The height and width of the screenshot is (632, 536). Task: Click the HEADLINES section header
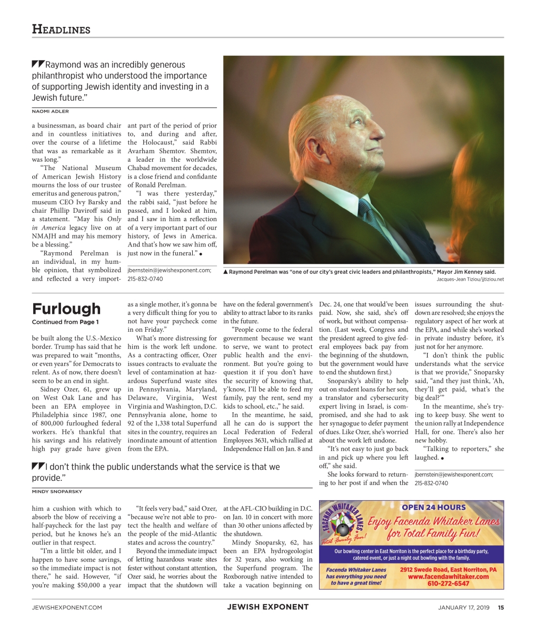point(61,29)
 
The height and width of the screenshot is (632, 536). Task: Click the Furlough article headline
point(66,309)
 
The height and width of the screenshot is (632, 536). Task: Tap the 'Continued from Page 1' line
point(65,322)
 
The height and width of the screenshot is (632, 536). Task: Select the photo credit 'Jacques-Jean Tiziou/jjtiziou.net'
point(470,279)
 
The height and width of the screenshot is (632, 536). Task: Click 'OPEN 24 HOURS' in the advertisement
point(433,508)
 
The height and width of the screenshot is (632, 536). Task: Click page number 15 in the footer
point(501,607)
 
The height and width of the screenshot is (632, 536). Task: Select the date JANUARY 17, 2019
point(463,607)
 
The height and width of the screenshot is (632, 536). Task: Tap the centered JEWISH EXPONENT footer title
point(267,607)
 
